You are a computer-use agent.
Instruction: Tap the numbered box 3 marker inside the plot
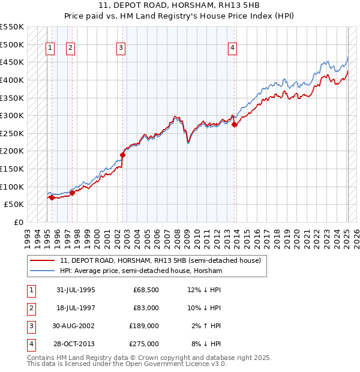pos(121,49)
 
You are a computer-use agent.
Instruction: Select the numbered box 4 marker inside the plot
pos(232,49)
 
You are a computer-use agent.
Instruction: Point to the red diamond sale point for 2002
pos(123,155)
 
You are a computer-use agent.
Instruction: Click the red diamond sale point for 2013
pos(235,124)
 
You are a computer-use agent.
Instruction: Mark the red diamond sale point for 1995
pos(52,197)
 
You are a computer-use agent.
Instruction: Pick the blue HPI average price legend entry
pos(141,271)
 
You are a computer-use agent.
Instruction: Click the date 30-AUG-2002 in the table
pos(74,327)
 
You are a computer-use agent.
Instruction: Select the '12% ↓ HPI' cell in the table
pos(204,290)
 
